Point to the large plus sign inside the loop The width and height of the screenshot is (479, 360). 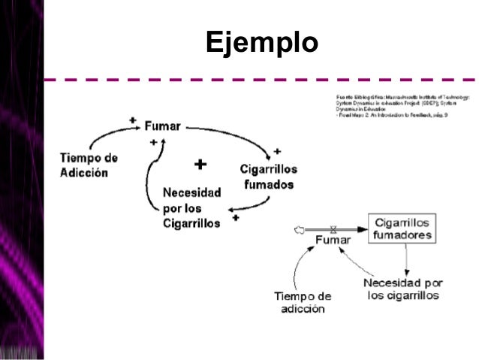pos(200,164)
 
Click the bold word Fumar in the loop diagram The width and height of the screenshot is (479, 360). pos(162,126)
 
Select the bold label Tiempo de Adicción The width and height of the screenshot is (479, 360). pos(89,165)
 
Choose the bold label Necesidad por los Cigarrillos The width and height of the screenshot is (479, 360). pos(191,207)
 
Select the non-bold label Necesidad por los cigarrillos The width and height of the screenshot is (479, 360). pos(402,289)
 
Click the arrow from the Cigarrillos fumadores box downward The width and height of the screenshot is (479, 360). pos(405,259)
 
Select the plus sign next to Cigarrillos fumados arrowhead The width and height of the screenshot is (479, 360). pos(277,150)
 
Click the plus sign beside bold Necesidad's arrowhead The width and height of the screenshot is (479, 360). pos(236,218)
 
